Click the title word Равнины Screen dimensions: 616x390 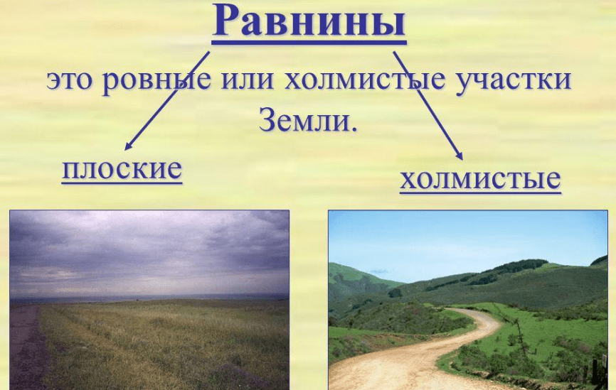309,21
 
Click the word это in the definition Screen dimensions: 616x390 70,80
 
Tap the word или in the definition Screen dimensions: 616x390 247,80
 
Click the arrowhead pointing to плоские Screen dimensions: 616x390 127,146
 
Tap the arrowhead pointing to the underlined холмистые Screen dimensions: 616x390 460,156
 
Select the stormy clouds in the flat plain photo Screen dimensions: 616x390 149,251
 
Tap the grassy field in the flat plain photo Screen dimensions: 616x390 165,345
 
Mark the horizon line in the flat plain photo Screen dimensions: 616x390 149,298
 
